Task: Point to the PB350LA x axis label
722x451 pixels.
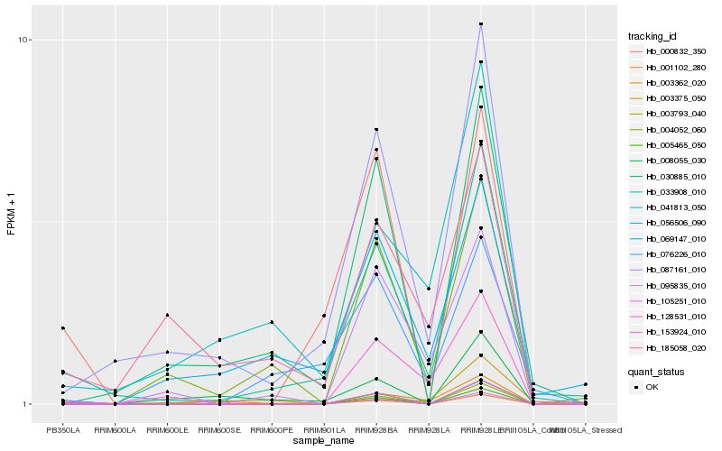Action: click(63, 430)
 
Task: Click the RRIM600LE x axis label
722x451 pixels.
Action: click(167, 430)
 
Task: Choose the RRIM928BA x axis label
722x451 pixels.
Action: click(376, 430)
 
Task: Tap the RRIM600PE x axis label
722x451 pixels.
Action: click(272, 430)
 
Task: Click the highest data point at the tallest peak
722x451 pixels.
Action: click(481, 23)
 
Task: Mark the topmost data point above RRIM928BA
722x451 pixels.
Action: click(376, 129)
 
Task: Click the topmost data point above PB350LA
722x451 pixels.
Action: click(63, 327)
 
